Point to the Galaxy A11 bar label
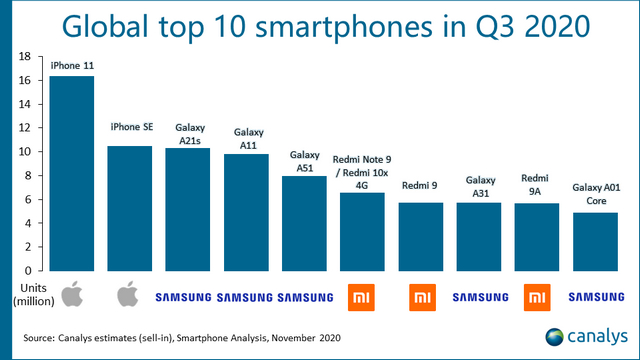click(247, 138)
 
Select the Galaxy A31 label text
click(478, 185)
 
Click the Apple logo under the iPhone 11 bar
click(72, 296)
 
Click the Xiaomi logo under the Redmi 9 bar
click(420, 296)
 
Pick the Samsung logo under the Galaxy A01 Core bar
click(594, 297)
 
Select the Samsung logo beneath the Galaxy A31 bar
click(478, 297)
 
